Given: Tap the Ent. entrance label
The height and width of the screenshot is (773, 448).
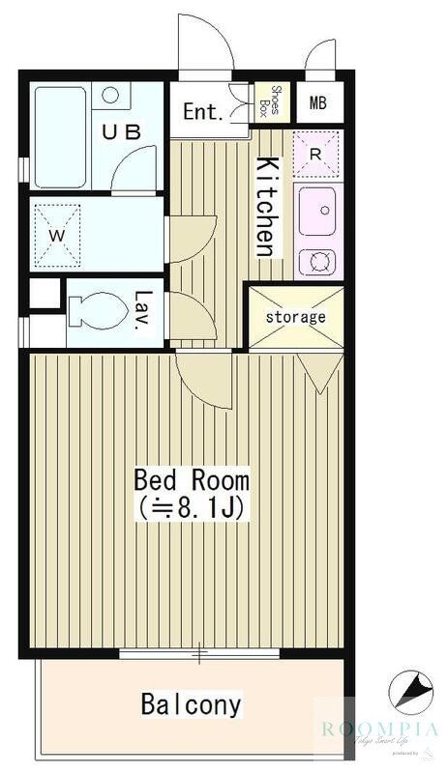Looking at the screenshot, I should pos(203,111).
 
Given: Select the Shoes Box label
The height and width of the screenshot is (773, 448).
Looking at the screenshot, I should pos(274,102).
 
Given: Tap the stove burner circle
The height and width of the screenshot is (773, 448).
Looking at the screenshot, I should pos(315,261).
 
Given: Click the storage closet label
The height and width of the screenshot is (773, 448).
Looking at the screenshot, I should pos(296,316).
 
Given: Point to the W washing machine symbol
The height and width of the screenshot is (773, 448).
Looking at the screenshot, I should pos(54,234).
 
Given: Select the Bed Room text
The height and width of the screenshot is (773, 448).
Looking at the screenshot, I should pos(192,479).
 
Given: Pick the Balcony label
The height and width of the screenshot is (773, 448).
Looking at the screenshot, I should pos(191,703).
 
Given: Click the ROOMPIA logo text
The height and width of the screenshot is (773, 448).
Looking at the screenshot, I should pos(379,730).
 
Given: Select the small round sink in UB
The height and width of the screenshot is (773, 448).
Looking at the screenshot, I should pos(111,95).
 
